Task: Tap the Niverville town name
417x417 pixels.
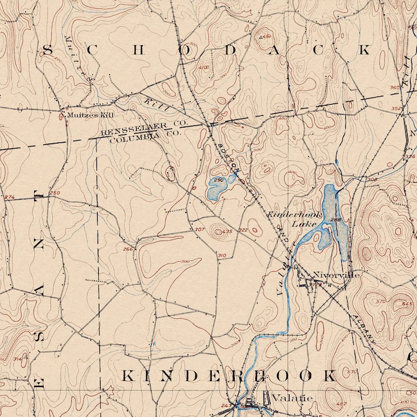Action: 336,275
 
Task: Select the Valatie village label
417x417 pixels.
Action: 285,397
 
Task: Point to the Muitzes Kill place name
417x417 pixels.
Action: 90,115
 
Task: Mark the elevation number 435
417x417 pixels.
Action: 227,232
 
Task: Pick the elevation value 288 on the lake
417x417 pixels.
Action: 336,220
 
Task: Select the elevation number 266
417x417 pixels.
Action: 128,249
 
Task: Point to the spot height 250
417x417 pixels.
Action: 55,193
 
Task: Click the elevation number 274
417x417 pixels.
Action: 9,197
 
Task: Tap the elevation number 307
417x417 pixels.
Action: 199,229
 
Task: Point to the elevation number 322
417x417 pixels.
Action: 243,230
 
